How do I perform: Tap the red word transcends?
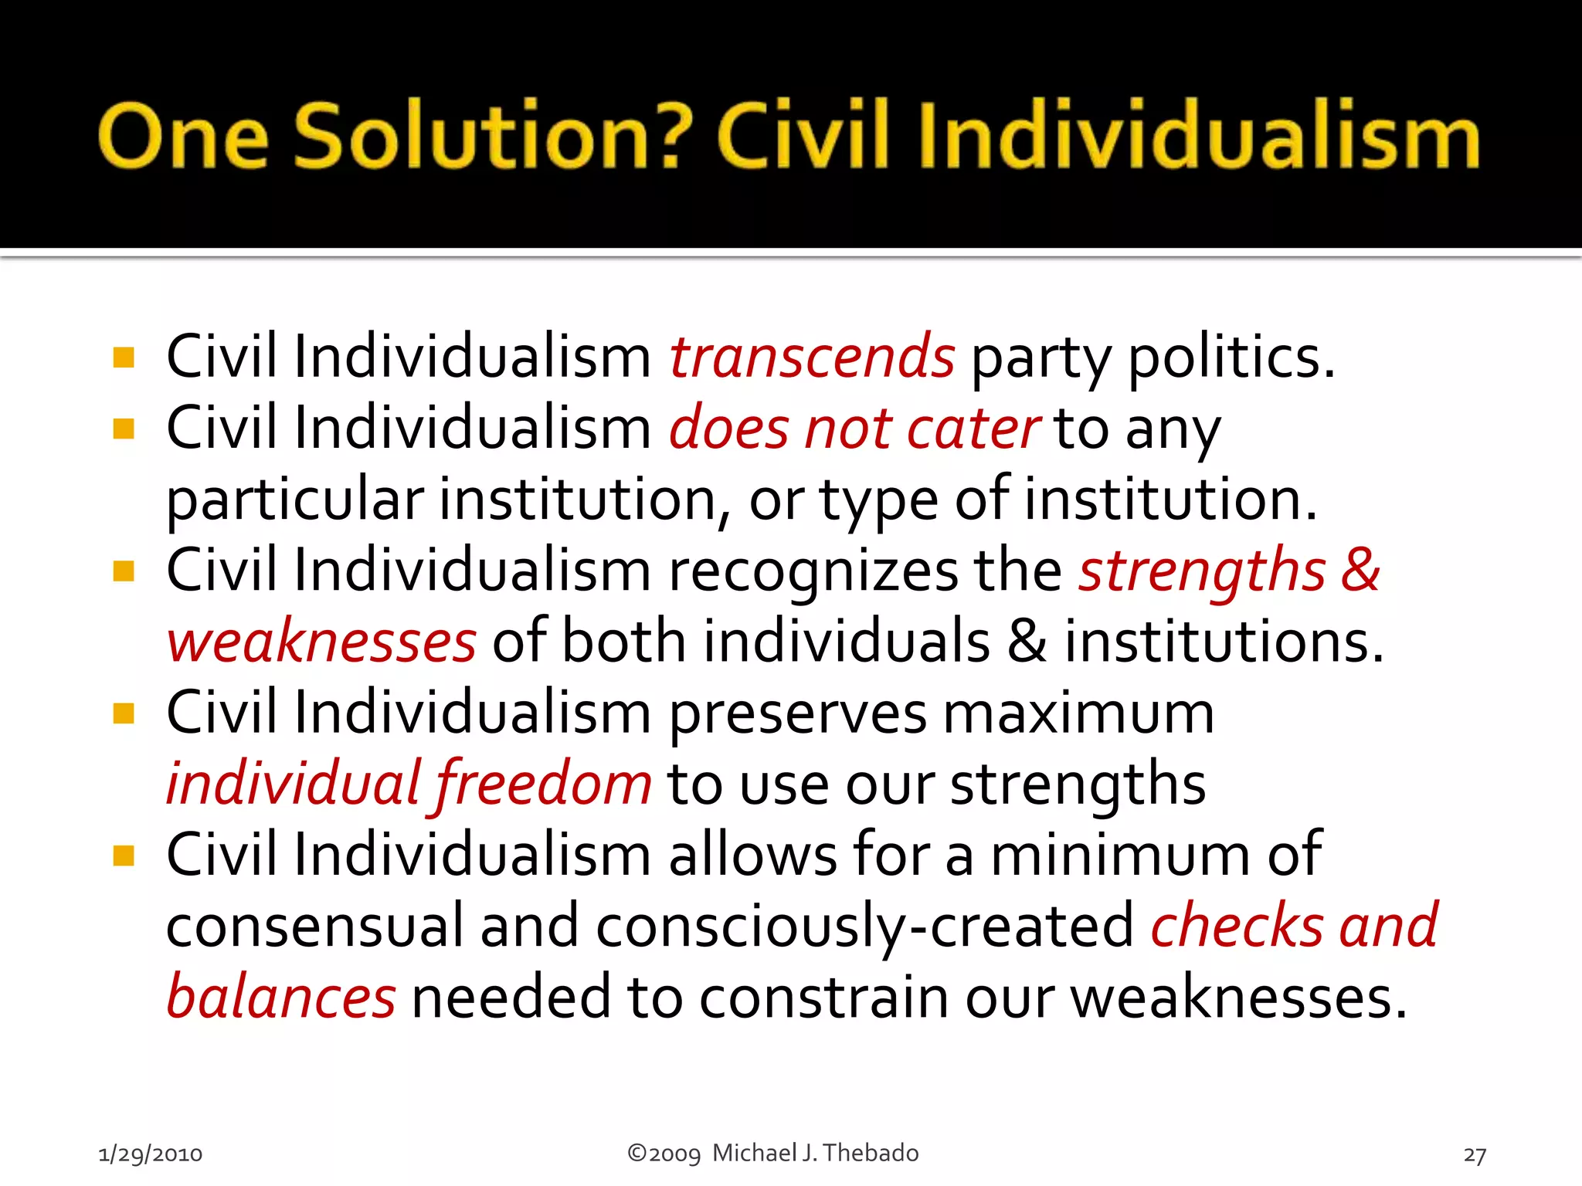pyautogui.click(x=812, y=357)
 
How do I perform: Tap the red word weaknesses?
pyautogui.click(x=321, y=642)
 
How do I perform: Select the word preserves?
pyautogui.click(x=797, y=713)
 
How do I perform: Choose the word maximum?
pyautogui.click(x=1078, y=713)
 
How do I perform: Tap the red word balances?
pyautogui.click(x=281, y=998)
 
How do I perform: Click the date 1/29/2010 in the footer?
pyautogui.click(x=151, y=1154)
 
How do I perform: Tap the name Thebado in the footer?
pyautogui.click(x=871, y=1153)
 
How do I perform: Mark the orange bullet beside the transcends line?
pyautogui.click(x=124, y=357)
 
